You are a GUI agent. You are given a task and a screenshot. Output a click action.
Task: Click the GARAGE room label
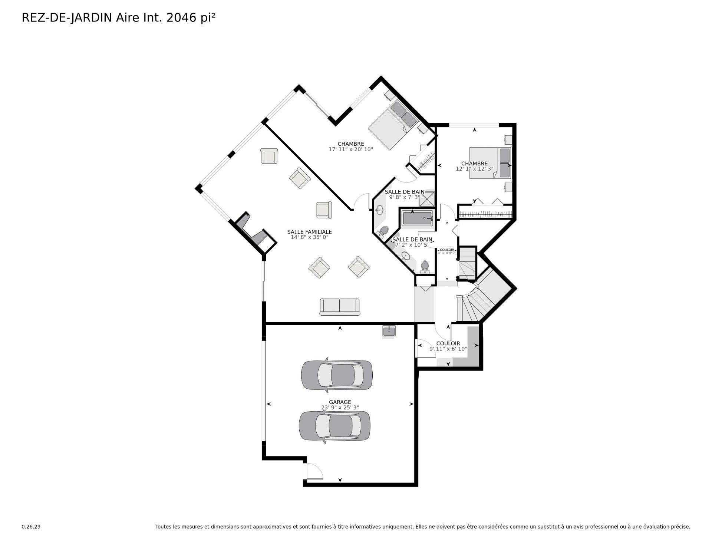(x=340, y=402)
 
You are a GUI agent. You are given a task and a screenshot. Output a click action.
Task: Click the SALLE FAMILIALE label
(x=309, y=232)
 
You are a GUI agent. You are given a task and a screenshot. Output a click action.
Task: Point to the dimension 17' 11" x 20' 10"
(x=350, y=149)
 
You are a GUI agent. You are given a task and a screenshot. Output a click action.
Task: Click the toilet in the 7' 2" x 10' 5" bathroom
(x=425, y=266)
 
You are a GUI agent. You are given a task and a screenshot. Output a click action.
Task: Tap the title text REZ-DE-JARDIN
(x=67, y=18)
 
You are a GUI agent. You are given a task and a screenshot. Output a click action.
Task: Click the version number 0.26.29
(x=31, y=527)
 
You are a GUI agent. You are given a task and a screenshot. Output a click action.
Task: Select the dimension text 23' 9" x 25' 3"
(x=340, y=408)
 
